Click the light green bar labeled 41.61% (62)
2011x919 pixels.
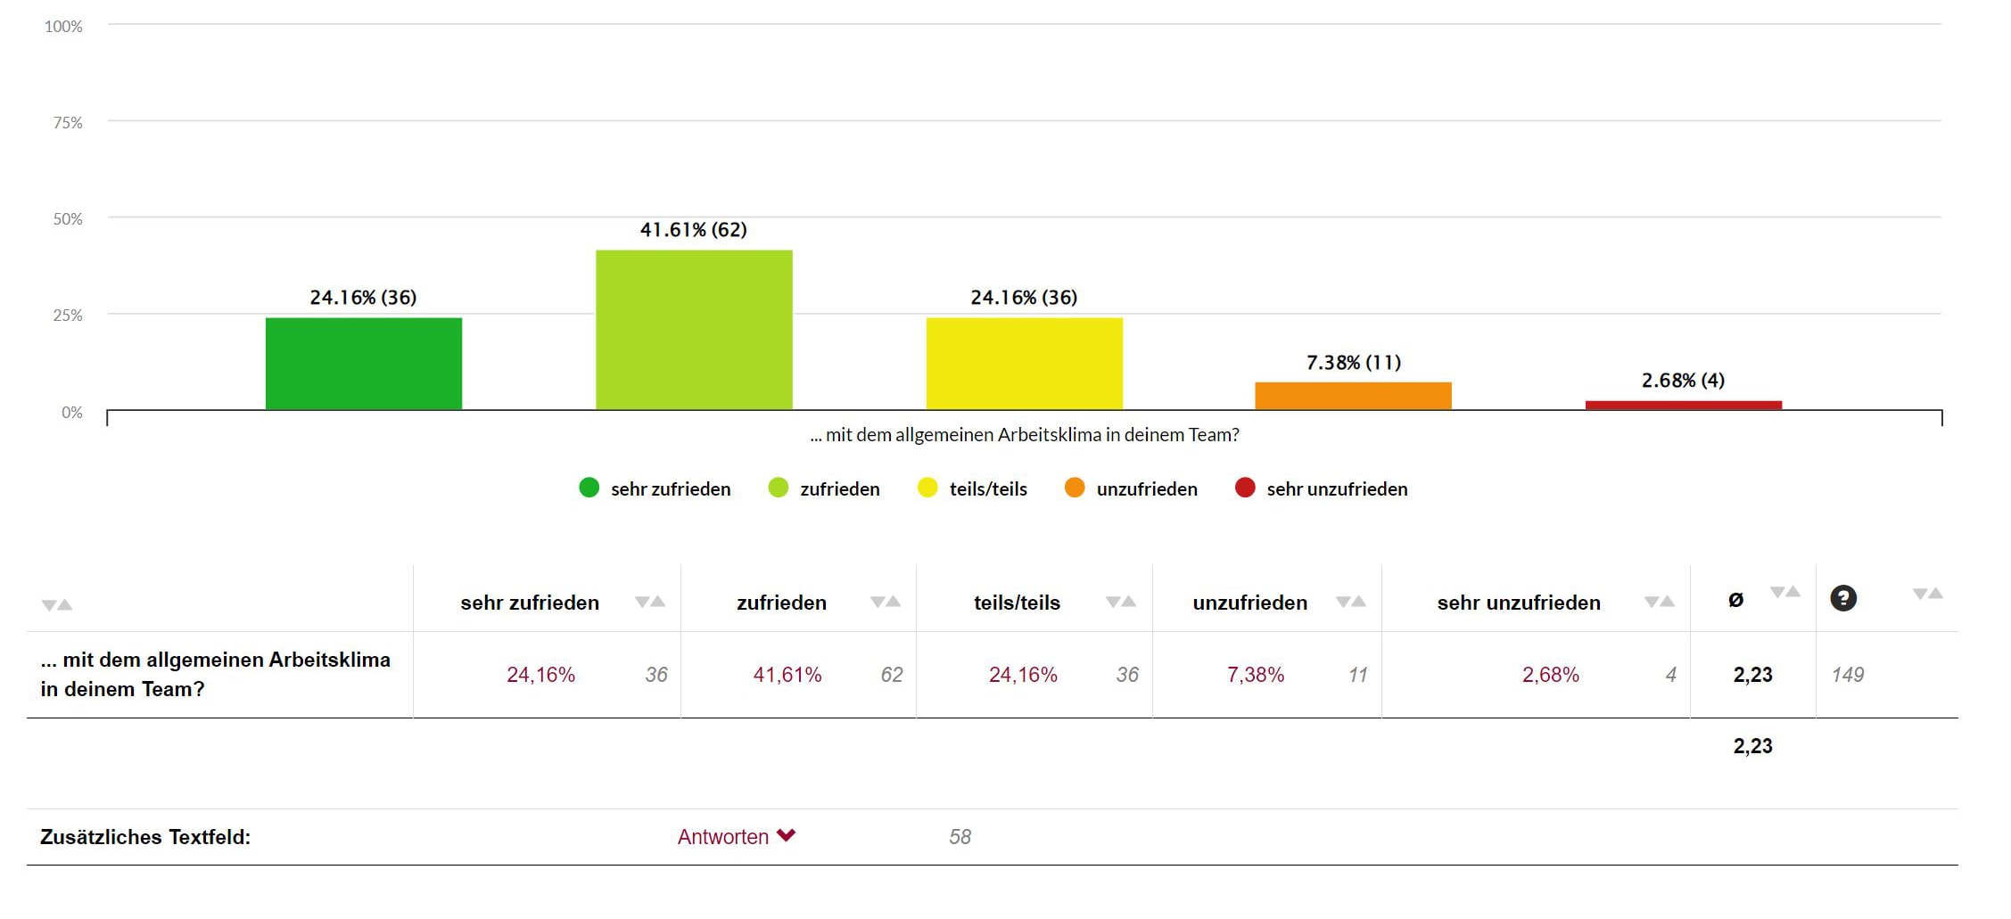point(694,330)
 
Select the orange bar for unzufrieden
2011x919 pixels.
point(1353,396)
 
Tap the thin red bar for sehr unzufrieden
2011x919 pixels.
point(1683,406)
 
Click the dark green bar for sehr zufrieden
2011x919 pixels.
point(364,364)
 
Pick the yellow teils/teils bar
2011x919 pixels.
point(1024,364)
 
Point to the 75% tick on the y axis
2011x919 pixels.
point(68,123)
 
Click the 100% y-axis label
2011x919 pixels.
point(63,27)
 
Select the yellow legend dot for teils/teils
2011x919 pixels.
point(927,488)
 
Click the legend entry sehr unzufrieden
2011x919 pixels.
point(1336,489)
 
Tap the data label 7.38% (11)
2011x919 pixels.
point(1353,363)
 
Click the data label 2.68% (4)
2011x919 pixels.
point(1683,381)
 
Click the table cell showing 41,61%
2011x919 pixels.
point(787,675)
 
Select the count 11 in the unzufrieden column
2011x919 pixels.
point(1357,675)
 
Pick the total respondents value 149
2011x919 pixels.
point(1847,675)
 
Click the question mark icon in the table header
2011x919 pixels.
point(1842,598)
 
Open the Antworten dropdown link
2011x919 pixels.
point(736,837)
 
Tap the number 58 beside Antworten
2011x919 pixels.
point(960,837)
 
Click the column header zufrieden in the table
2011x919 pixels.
point(781,603)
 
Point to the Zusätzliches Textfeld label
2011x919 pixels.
point(145,837)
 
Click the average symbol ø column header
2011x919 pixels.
point(1735,600)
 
